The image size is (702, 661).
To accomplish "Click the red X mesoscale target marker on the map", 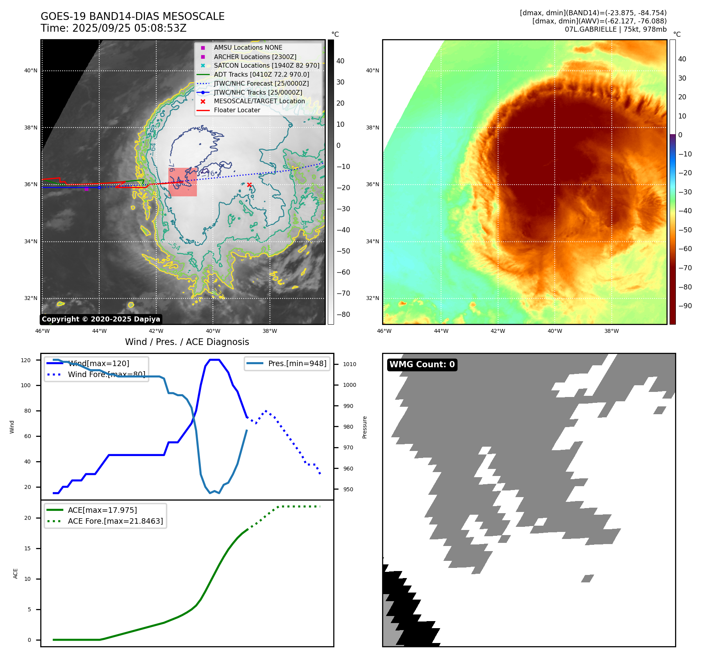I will pos(249,185).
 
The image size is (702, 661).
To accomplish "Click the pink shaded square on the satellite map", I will pos(182,182).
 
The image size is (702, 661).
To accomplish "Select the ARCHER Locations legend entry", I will pos(255,57).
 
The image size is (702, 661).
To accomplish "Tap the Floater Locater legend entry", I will pos(237,110).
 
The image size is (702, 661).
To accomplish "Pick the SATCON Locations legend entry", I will pos(266,66).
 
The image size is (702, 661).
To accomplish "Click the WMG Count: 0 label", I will pos(422,365).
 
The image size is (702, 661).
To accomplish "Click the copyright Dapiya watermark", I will pos(101,319).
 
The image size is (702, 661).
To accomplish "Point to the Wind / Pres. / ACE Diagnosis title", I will pos(187,342).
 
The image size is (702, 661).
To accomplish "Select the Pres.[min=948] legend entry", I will pos(297,363).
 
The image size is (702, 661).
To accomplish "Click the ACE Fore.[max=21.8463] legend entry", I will pos(115,521).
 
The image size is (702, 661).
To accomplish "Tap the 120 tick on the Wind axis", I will pos(26,360).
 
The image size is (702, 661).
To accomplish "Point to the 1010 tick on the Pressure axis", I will pos(350,364).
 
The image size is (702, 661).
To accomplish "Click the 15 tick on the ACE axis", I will pos(27,548).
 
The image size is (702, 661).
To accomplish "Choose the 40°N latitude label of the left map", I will pos(31,71).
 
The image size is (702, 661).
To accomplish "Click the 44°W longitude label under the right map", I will pos(441,331).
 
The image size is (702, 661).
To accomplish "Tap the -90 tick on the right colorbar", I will pos(685,306).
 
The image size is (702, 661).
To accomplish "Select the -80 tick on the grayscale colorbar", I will pos(343,314).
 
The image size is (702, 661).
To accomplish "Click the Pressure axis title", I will pos(364,427).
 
